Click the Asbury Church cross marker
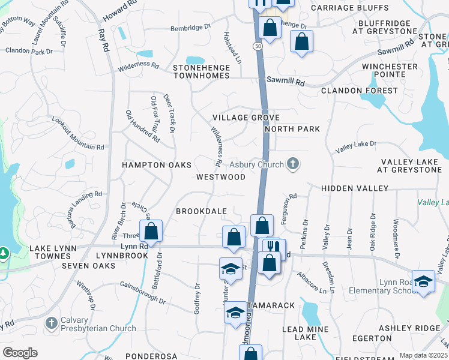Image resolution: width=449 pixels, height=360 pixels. click(292, 164)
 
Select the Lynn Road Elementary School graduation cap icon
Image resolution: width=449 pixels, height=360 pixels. click(424, 283)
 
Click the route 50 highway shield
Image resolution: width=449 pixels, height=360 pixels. click(258, 46)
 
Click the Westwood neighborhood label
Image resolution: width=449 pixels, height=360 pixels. click(221, 177)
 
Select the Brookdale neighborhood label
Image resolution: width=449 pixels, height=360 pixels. click(201, 211)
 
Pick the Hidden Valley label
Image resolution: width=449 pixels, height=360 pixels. click(355, 188)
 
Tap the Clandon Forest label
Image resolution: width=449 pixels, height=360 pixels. click(360, 91)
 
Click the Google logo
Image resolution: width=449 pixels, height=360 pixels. click(20, 352)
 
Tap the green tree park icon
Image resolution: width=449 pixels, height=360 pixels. click(3, 253)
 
